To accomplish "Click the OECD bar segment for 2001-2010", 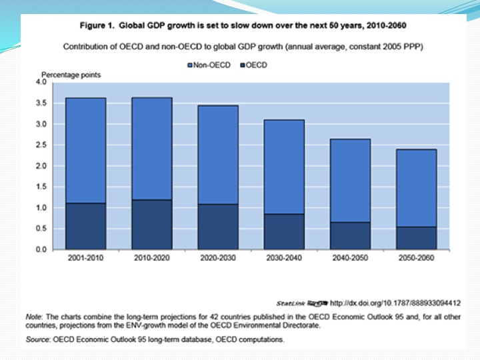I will (x=85, y=227).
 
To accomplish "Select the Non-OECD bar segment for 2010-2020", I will (x=152, y=149).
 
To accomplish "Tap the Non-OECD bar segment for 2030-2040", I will (x=284, y=167).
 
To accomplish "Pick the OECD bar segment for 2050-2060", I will (x=417, y=238).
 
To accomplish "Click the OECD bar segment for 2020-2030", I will (x=218, y=227).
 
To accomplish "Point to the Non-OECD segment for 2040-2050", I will (x=351, y=181).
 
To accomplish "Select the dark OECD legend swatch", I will (x=241, y=65).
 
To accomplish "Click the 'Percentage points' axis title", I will (x=71, y=75).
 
